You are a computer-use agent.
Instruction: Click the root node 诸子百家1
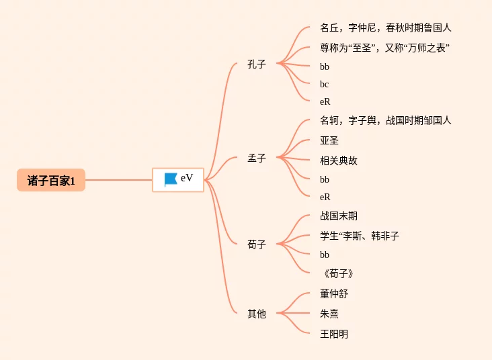tap(51, 180)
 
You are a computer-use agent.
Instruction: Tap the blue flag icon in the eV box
tap(170, 180)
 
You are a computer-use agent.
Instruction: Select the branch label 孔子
tap(257, 64)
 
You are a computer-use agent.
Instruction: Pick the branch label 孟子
tap(257, 158)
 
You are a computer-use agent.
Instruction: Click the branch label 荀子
tap(257, 244)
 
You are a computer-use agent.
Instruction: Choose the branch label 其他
tap(257, 313)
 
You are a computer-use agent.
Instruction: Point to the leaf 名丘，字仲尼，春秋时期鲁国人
tap(386, 28)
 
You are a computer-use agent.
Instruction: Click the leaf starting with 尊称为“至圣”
tap(384, 48)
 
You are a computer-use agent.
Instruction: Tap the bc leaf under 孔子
tap(325, 84)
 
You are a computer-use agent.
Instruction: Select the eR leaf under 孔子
tap(325, 101)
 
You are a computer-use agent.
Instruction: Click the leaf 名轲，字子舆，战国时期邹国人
tap(386, 120)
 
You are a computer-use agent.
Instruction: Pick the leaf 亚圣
tap(329, 140)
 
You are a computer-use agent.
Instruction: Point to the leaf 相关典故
tap(339, 161)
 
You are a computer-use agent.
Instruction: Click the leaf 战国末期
tap(339, 216)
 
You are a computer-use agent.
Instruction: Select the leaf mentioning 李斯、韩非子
tap(360, 236)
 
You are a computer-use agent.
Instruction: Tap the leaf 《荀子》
tap(338, 273)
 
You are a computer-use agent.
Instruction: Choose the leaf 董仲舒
tap(334, 294)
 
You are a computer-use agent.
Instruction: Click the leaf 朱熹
tap(329, 314)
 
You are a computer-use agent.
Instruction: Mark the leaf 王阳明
tap(334, 334)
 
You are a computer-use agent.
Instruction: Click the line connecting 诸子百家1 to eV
tap(118, 180)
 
